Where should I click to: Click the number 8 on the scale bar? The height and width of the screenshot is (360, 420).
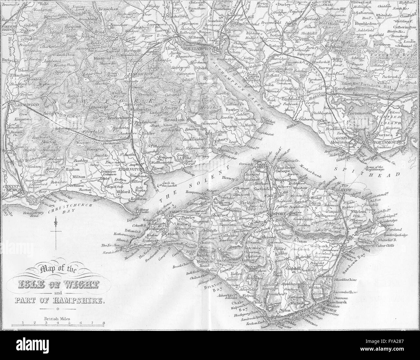point(103,323)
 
